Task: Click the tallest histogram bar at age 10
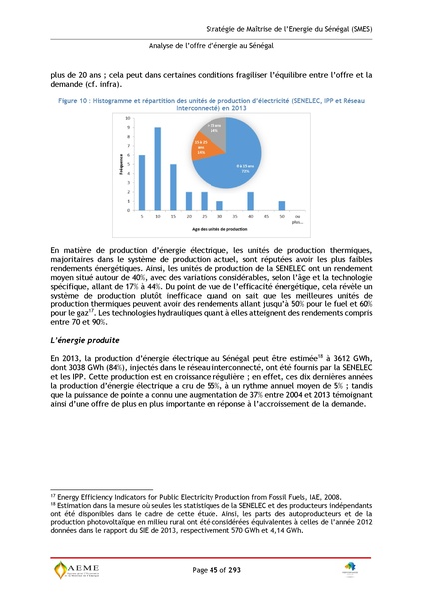(159, 169)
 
